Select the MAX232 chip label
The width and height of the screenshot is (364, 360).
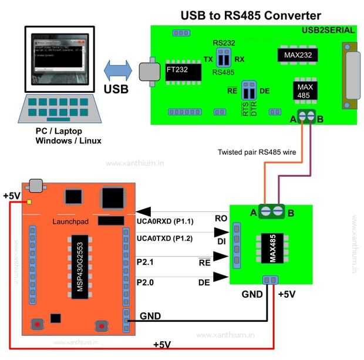pyautogui.click(x=298, y=56)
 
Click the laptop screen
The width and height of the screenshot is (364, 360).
pyautogui.click(x=56, y=59)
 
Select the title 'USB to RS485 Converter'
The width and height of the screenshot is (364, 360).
pyautogui.click(x=251, y=16)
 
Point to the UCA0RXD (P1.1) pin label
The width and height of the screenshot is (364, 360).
pyautogui.click(x=165, y=221)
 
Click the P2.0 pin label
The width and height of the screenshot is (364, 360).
pyautogui.click(x=146, y=282)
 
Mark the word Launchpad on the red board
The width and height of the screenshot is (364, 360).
pyautogui.click(x=69, y=222)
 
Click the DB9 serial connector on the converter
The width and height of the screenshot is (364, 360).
pyautogui.click(x=352, y=76)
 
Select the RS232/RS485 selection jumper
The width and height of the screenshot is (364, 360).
pyautogui.click(x=223, y=58)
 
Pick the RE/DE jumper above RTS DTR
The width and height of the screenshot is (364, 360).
pyautogui.click(x=249, y=91)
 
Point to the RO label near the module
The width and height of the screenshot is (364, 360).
pyautogui.click(x=221, y=218)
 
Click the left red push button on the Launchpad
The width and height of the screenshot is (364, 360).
pyautogui.click(x=37, y=324)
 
